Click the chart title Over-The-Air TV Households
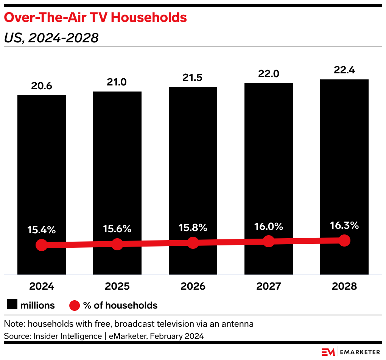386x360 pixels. point(95,17)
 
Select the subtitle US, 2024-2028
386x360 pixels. point(51,38)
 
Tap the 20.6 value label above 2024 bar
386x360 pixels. point(42,86)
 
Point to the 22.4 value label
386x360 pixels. point(344,70)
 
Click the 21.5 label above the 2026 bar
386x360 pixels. point(193,78)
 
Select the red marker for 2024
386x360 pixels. point(42,245)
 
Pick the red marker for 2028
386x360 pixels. point(344,240)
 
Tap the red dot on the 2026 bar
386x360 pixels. point(193,243)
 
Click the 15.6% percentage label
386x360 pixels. point(117,228)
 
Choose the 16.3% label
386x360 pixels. point(344,225)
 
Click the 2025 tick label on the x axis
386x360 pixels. point(117,286)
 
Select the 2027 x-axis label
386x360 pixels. point(269,286)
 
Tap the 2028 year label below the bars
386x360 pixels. point(344,286)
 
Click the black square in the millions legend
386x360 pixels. point(12,305)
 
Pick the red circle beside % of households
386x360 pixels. point(75,305)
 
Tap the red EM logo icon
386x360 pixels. point(328,352)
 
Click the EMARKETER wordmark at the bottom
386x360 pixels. point(360,352)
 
